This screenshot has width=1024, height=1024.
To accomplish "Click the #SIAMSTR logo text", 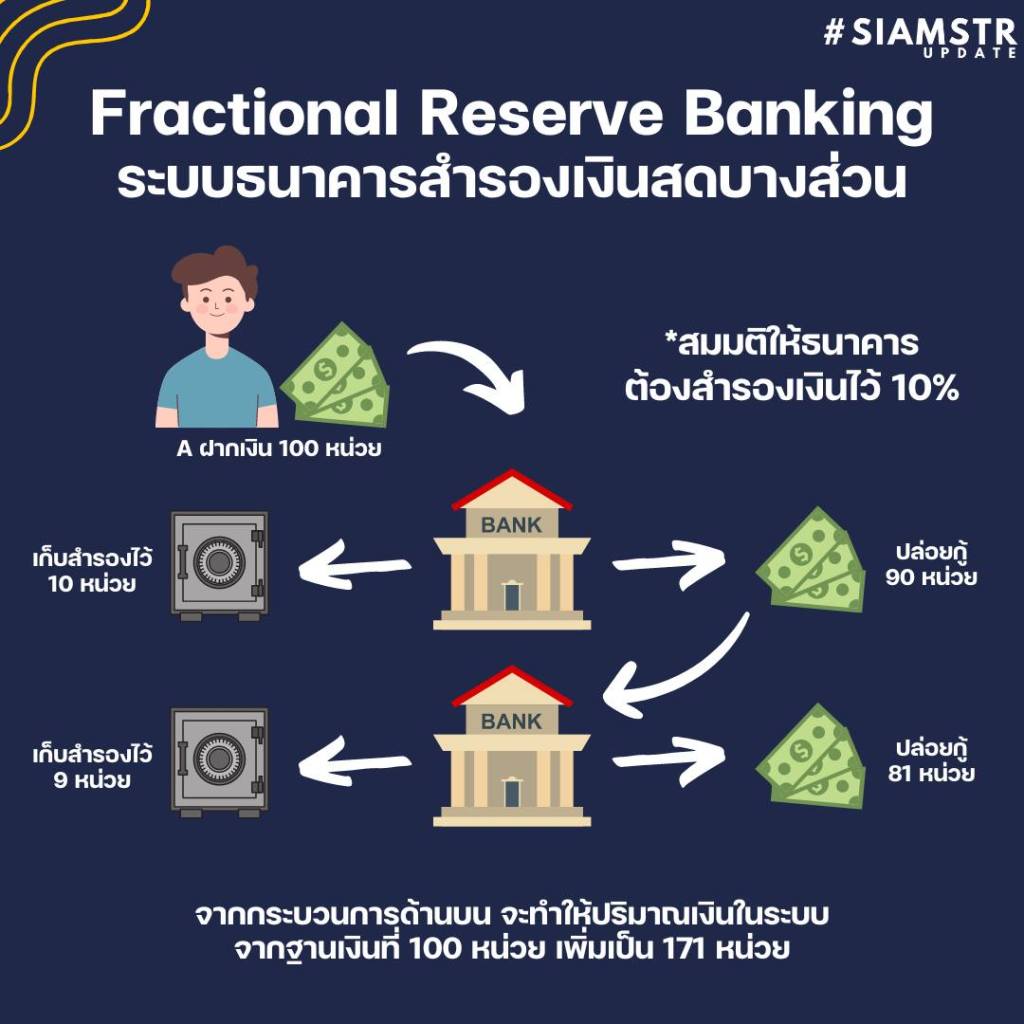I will pos(919,33).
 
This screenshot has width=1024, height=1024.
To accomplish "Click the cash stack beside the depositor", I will pos(334,375).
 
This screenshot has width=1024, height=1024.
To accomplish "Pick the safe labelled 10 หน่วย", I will pos(219,565).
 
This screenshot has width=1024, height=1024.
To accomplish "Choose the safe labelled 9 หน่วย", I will pos(219,763).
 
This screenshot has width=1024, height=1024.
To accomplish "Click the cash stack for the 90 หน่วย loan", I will pos(812,561).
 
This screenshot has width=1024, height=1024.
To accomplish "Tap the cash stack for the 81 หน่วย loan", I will pos(812,757).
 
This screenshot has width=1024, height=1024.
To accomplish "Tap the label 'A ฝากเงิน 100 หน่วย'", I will pos(278,449).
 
